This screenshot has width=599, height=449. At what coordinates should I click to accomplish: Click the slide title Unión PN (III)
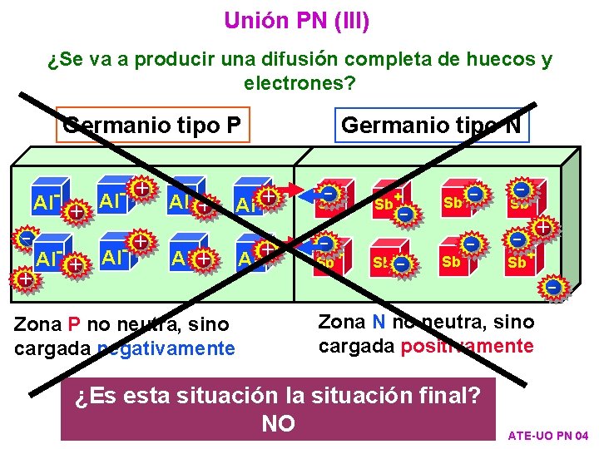click(297, 20)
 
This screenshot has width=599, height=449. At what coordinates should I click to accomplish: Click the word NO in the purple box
click(278, 424)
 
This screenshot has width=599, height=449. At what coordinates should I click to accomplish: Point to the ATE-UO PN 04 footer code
click(547, 436)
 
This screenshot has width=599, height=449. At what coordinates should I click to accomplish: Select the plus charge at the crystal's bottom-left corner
click(26, 278)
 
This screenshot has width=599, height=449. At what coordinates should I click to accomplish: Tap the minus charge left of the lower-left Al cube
click(26, 239)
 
